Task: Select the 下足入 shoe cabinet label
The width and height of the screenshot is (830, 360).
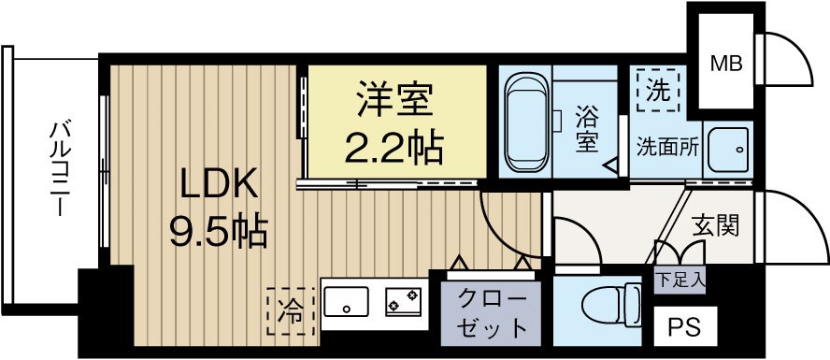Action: pos(680,279)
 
